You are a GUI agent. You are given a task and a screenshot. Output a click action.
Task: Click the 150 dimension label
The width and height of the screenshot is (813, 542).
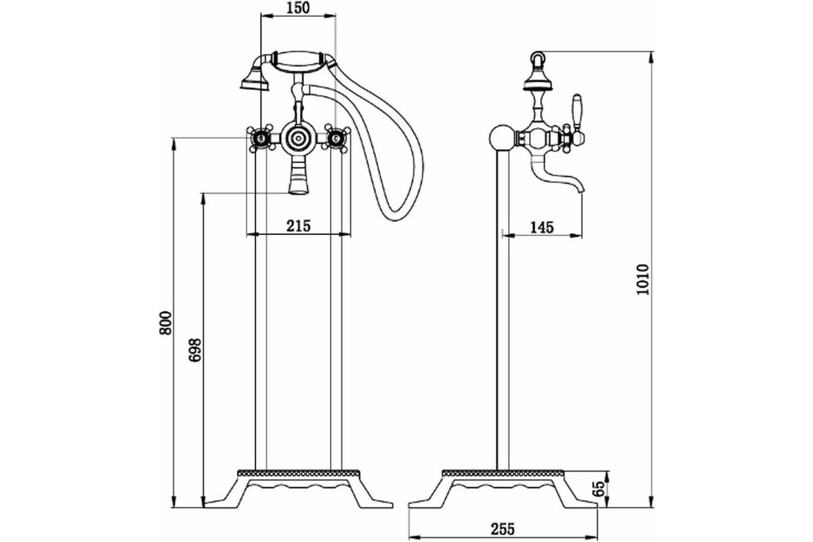[x=298, y=8]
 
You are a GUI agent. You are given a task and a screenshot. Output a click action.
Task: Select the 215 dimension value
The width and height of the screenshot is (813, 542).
[x=298, y=226]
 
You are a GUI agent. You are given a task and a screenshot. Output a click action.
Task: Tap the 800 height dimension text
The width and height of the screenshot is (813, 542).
[x=165, y=323]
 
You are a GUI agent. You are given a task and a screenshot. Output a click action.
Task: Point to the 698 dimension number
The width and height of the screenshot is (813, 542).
[x=195, y=350]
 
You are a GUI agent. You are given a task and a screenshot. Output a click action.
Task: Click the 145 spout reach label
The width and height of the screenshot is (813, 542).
[x=542, y=228]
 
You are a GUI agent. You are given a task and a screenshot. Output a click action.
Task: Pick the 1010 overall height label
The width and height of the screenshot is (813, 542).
[x=642, y=280]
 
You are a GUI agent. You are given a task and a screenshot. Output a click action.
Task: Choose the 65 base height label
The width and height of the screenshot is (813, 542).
[x=598, y=488]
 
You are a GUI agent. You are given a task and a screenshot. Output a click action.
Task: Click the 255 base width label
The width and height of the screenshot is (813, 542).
[x=503, y=529]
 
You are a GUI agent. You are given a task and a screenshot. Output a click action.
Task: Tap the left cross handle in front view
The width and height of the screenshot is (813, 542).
[x=260, y=138]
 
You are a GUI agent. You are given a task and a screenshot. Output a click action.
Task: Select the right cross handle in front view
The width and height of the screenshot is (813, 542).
[x=336, y=138]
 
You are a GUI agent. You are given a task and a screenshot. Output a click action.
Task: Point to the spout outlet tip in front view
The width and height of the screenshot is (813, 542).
[x=298, y=191]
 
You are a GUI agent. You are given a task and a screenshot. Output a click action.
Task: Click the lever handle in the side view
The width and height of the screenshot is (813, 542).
[x=577, y=112]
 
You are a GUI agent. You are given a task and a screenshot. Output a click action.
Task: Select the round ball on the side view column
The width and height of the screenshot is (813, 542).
[x=503, y=138]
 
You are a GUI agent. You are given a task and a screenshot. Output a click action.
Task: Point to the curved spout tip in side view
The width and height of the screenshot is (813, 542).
[x=581, y=188]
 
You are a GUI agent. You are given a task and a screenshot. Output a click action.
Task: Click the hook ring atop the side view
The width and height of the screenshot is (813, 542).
[x=537, y=58]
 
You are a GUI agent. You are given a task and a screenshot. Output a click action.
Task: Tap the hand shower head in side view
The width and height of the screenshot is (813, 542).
[x=537, y=81]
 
